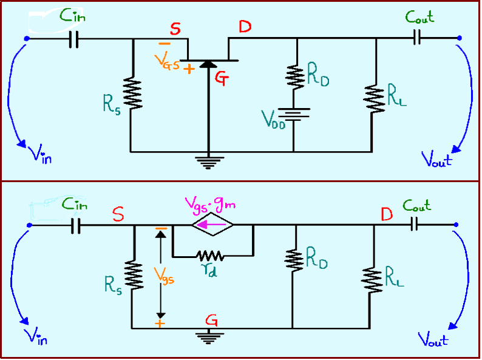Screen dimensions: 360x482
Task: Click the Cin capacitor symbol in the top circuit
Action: (74, 39)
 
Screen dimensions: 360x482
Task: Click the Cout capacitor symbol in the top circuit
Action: (416, 39)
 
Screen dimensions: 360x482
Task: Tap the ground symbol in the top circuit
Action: (209, 161)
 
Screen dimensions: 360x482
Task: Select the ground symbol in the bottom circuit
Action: (209, 338)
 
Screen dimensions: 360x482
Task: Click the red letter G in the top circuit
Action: (222, 78)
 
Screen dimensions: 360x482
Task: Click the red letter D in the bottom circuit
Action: (385, 214)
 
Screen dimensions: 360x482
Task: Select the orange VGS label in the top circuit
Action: (165, 61)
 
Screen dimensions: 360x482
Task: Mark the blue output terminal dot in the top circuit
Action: (460, 39)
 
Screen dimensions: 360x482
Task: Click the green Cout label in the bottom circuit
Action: (418, 206)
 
